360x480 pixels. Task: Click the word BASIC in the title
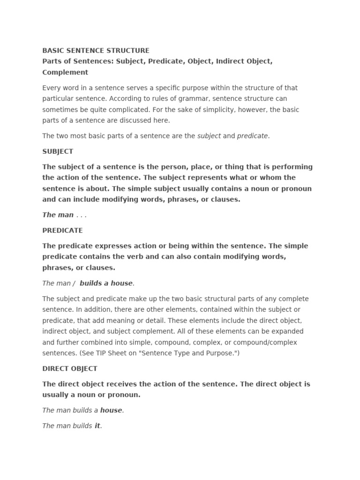(x=53, y=50)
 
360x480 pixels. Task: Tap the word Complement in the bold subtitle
(x=65, y=72)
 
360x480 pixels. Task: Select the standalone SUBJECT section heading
(x=58, y=151)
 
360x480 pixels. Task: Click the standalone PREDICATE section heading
(x=62, y=230)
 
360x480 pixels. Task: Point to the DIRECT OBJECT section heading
(x=70, y=368)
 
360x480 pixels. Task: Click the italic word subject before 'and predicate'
(x=209, y=136)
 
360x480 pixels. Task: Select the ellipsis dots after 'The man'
(x=82, y=215)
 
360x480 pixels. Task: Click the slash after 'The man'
(x=74, y=283)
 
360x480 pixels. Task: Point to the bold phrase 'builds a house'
(x=106, y=283)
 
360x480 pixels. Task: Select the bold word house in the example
(x=111, y=410)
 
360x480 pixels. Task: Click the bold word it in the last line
(x=97, y=426)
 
